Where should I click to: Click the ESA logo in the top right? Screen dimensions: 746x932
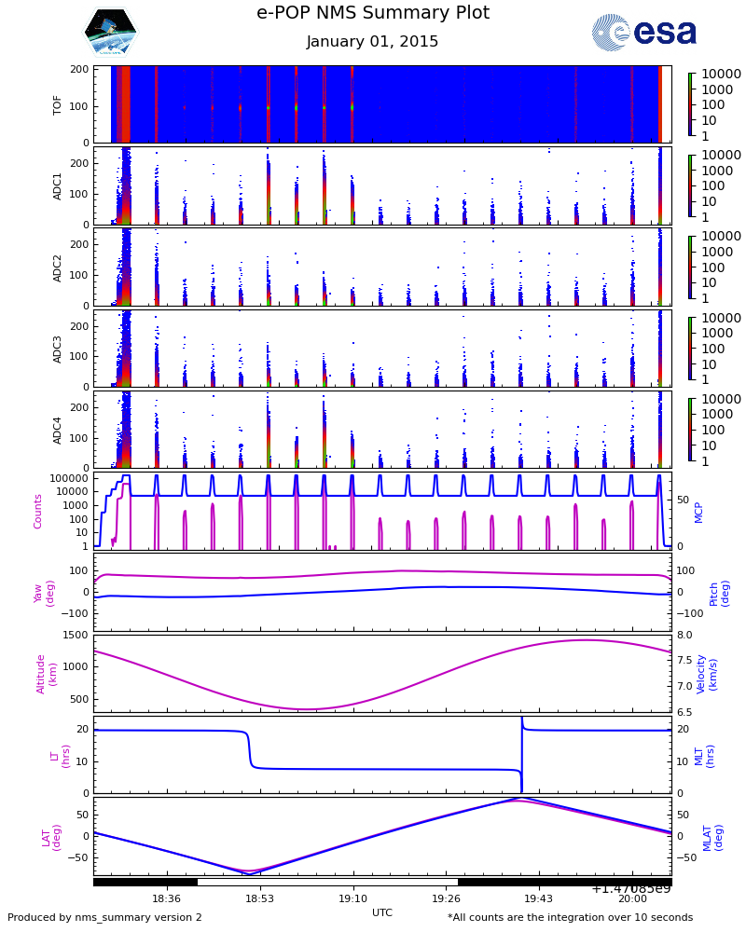click(x=643, y=32)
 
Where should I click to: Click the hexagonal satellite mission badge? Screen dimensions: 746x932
click(x=111, y=32)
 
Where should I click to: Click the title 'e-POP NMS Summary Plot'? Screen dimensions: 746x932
click(x=373, y=12)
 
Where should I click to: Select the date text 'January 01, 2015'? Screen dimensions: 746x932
click(x=372, y=41)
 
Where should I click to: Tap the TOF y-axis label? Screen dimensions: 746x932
click(x=57, y=106)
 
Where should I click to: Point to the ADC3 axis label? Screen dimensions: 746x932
click(x=57, y=349)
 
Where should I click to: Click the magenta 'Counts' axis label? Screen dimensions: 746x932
click(x=37, y=511)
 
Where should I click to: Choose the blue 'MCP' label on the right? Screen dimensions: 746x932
click(x=698, y=513)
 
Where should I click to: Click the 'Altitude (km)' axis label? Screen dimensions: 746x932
click(x=46, y=674)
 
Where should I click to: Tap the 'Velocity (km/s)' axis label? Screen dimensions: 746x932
click(x=706, y=674)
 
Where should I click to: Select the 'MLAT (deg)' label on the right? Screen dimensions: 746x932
click(x=712, y=838)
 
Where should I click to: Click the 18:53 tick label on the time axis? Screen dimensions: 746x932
click(x=259, y=898)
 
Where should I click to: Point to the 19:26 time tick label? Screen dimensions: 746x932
click(x=446, y=898)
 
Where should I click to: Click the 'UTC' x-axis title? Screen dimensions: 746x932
click(x=382, y=912)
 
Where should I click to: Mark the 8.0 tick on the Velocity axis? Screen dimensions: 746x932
click(x=684, y=635)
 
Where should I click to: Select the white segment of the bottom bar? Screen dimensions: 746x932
click(x=327, y=882)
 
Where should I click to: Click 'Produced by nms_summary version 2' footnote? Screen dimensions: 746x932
click(x=104, y=917)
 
